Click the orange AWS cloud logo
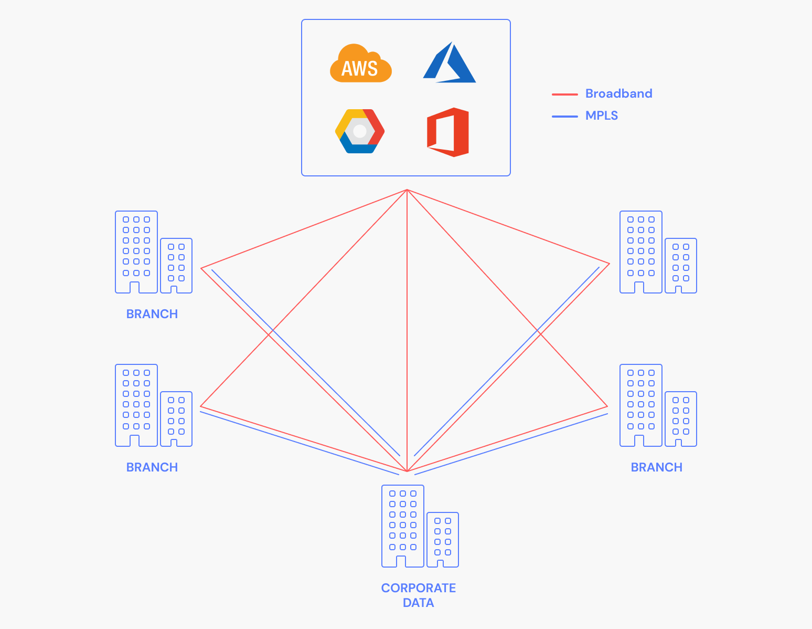coord(360,63)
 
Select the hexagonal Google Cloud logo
coord(360,131)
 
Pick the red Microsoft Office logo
coord(448,132)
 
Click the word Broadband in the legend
coord(619,93)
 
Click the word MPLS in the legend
coord(602,116)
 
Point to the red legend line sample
coord(564,95)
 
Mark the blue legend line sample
coord(564,117)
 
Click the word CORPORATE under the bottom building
coord(419,588)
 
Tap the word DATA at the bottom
coord(419,603)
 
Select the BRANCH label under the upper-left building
coord(152,314)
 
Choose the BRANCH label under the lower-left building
coord(152,467)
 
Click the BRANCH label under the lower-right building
coord(657,467)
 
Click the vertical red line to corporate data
coord(407,331)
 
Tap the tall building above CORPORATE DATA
coord(403,526)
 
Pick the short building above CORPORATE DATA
coord(443,540)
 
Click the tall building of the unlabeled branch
coord(641,252)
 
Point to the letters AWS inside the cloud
coord(359,68)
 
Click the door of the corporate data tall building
coord(401,561)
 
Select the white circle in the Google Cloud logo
coord(360,131)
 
